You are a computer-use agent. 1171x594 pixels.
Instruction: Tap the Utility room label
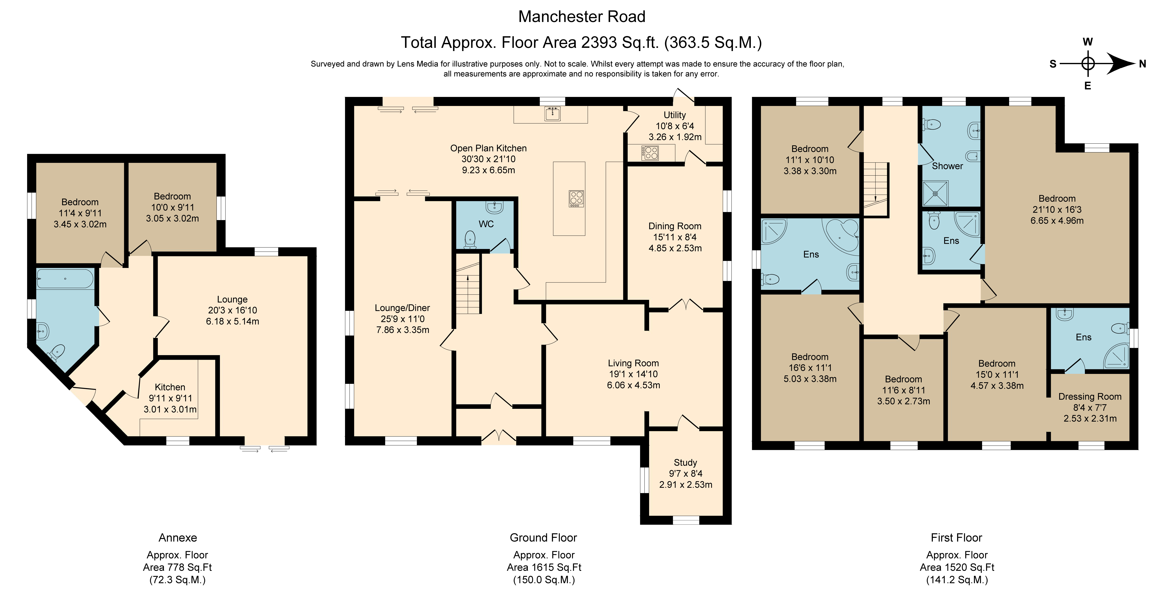click(x=675, y=115)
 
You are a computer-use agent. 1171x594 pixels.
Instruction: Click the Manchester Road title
click(x=582, y=17)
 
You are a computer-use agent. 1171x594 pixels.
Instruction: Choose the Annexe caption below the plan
click(x=178, y=538)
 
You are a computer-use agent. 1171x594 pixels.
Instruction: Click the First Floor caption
click(x=956, y=538)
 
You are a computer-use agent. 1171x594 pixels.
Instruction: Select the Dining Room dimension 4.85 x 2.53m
click(x=675, y=248)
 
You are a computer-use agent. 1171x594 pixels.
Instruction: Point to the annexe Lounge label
click(x=232, y=299)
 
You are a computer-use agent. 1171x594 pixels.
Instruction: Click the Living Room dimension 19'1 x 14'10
click(x=633, y=374)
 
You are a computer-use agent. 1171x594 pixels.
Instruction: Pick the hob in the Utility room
click(x=650, y=153)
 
